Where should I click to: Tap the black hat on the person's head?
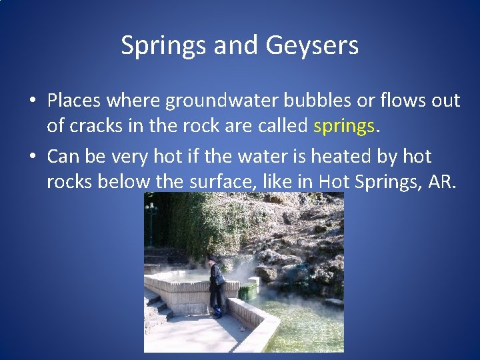click(x=213, y=259)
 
